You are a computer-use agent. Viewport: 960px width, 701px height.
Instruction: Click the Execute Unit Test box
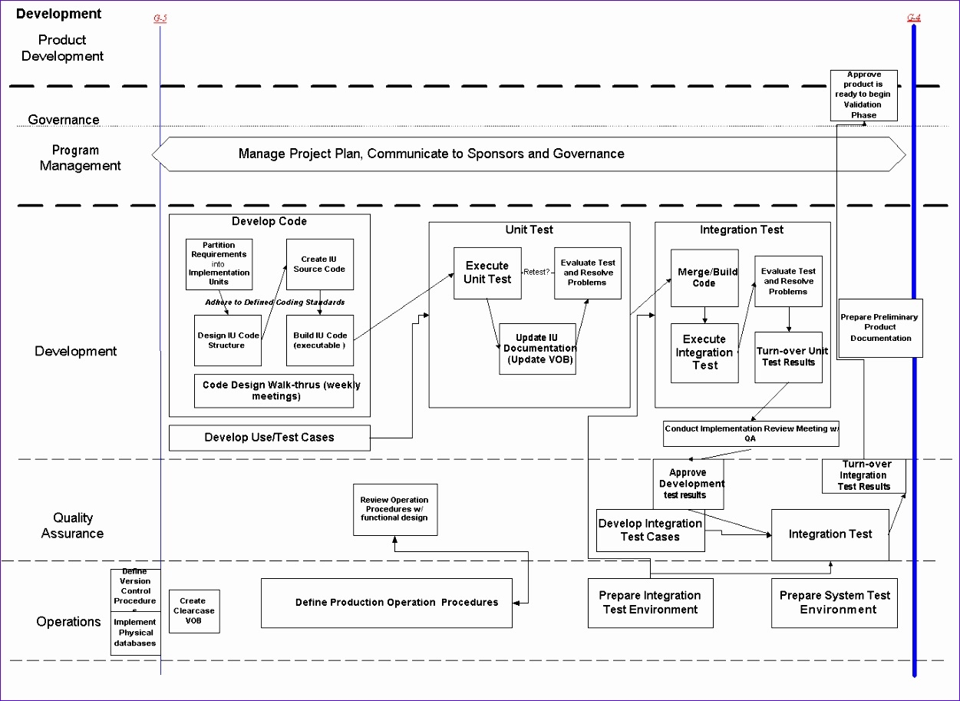pyautogui.click(x=487, y=273)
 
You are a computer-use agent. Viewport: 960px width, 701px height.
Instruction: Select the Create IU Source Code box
pyautogui.click(x=319, y=265)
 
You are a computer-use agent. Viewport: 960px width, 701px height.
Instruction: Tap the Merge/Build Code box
pyautogui.click(x=704, y=278)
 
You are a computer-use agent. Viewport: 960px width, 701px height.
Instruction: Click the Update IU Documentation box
pyautogui.click(x=537, y=349)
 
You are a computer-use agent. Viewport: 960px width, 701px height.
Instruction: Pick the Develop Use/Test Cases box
pyautogui.click(x=269, y=438)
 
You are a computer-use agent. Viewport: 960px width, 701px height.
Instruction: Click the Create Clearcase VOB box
pyautogui.click(x=194, y=611)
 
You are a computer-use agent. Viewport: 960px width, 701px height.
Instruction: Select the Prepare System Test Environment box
pyautogui.click(x=834, y=603)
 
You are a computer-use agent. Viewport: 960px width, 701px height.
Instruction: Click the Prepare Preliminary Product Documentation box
pyautogui.click(x=879, y=328)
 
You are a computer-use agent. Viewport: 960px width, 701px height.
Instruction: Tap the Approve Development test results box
pyautogui.click(x=689, y=484)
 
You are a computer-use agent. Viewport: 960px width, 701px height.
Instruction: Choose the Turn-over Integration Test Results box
pyautogui.click(x=863, y=476)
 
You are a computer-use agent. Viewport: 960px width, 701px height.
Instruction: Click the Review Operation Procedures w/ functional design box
pyautogui.click(x=395, y=510)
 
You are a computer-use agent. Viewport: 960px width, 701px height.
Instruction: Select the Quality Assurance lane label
pyautogui.click(x=72, y=526)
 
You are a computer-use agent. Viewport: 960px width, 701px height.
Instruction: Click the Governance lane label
pyautogui.click(x=64, y=120)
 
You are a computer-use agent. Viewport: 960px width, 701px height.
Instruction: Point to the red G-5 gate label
pyautogui.click(x=160, y=18)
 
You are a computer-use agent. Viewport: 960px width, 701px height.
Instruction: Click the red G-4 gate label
pyautogui.click(x=913, y=18)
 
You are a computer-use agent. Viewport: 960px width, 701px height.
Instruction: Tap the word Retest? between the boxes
pyautogui.click(x=537, y=272)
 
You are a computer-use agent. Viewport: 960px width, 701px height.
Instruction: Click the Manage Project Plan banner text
pyautogui.click(x=431, y=154)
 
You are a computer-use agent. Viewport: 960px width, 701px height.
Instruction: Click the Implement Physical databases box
pyautogui.click(x=135, y=633)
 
